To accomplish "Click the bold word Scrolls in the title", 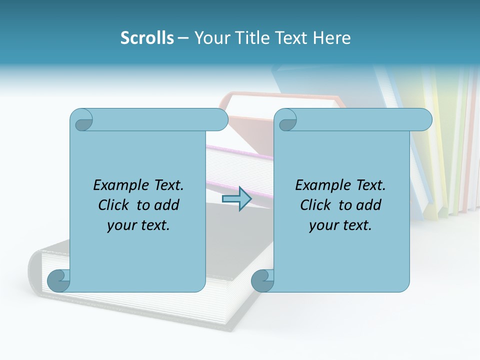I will click(x=147, y=38).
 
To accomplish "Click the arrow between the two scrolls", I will click(x=236, y=199).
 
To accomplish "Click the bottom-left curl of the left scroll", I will click(x=59, y=280).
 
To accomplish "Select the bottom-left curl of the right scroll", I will click(x=262, y=280).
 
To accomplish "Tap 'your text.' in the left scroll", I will click(x=138, y=225).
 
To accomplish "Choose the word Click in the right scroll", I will click(x=314, y=205).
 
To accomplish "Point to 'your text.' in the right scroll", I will click(x=340, y=225).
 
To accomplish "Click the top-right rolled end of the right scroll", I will click(x=422, y=119).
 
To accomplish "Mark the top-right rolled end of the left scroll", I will click(x=218, y=119).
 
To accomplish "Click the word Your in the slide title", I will click(x=212, y=38).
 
